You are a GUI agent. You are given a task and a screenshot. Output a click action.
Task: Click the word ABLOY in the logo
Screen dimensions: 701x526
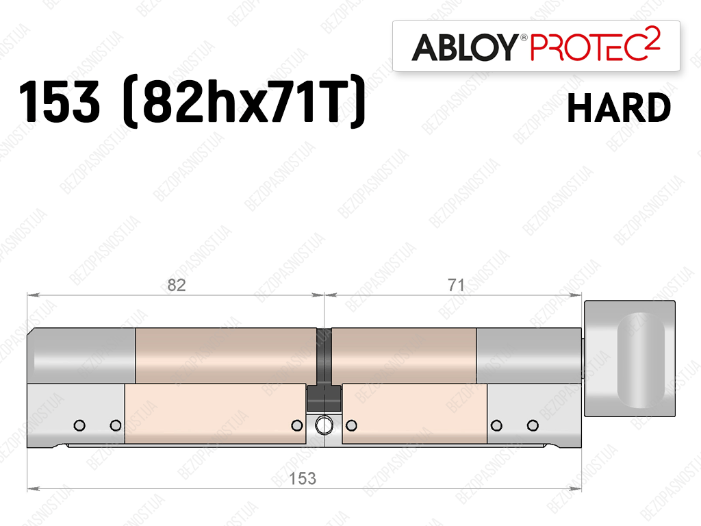(x=464, y=47)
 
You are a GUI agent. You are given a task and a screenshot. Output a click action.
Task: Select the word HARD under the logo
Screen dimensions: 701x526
(x=619, y=108)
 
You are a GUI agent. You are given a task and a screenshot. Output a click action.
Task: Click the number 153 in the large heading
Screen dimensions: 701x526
(x=59, y=101)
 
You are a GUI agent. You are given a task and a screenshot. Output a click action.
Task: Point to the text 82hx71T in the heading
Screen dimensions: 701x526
(x=244, y=101)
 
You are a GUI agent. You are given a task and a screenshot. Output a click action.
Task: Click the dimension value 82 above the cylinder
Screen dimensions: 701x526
(x=177, y=285)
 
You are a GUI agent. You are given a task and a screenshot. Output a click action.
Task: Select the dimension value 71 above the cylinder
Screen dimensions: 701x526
(x=456, y=285)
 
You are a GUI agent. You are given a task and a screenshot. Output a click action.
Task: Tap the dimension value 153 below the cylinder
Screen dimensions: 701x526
(x=303, y=479)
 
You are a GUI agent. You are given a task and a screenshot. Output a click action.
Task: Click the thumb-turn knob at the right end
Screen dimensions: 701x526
(x=630, y=358)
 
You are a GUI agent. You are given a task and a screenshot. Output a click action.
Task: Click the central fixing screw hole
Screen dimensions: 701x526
(x=324, y=425)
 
